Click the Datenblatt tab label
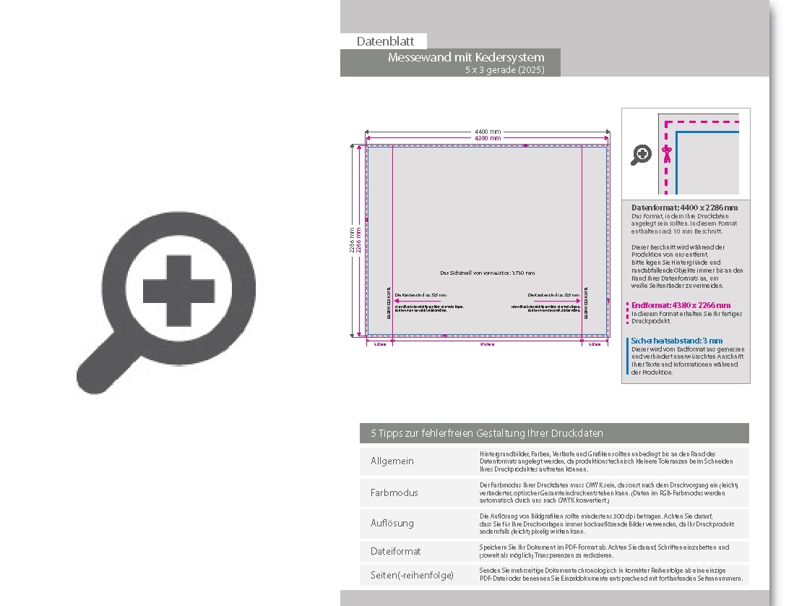point(385,42)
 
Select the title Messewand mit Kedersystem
point(466,57)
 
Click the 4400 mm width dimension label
point(488,131)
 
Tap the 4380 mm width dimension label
point(488,137)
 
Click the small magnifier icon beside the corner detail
point(641,154)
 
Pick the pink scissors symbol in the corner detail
point(667,153)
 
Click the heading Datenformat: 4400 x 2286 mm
point(684,208)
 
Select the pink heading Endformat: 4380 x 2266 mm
point(681,305)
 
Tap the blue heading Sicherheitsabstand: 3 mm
point(676,341)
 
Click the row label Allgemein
point(392,461)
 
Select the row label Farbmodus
point(394,492)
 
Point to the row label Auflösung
point(392,523)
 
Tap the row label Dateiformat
point(395,551)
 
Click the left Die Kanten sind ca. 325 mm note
point(420,295)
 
